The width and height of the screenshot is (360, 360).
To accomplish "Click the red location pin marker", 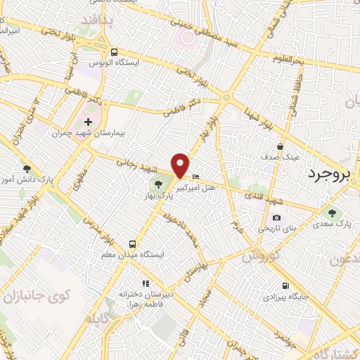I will pos(181,165).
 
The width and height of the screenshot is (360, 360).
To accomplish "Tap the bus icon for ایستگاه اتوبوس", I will pos(115,52).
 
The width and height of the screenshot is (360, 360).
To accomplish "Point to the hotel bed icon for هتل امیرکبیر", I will pos(195,176).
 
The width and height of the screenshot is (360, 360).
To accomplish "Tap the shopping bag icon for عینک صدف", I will pos(281,146).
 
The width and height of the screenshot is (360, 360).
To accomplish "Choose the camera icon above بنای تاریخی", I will pos(276,218).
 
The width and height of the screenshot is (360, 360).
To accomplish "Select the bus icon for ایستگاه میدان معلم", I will pos(131,245).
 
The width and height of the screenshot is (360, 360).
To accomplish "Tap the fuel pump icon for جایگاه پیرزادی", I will pos(285,285).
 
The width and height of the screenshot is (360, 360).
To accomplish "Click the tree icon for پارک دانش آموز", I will pos(27,169).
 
